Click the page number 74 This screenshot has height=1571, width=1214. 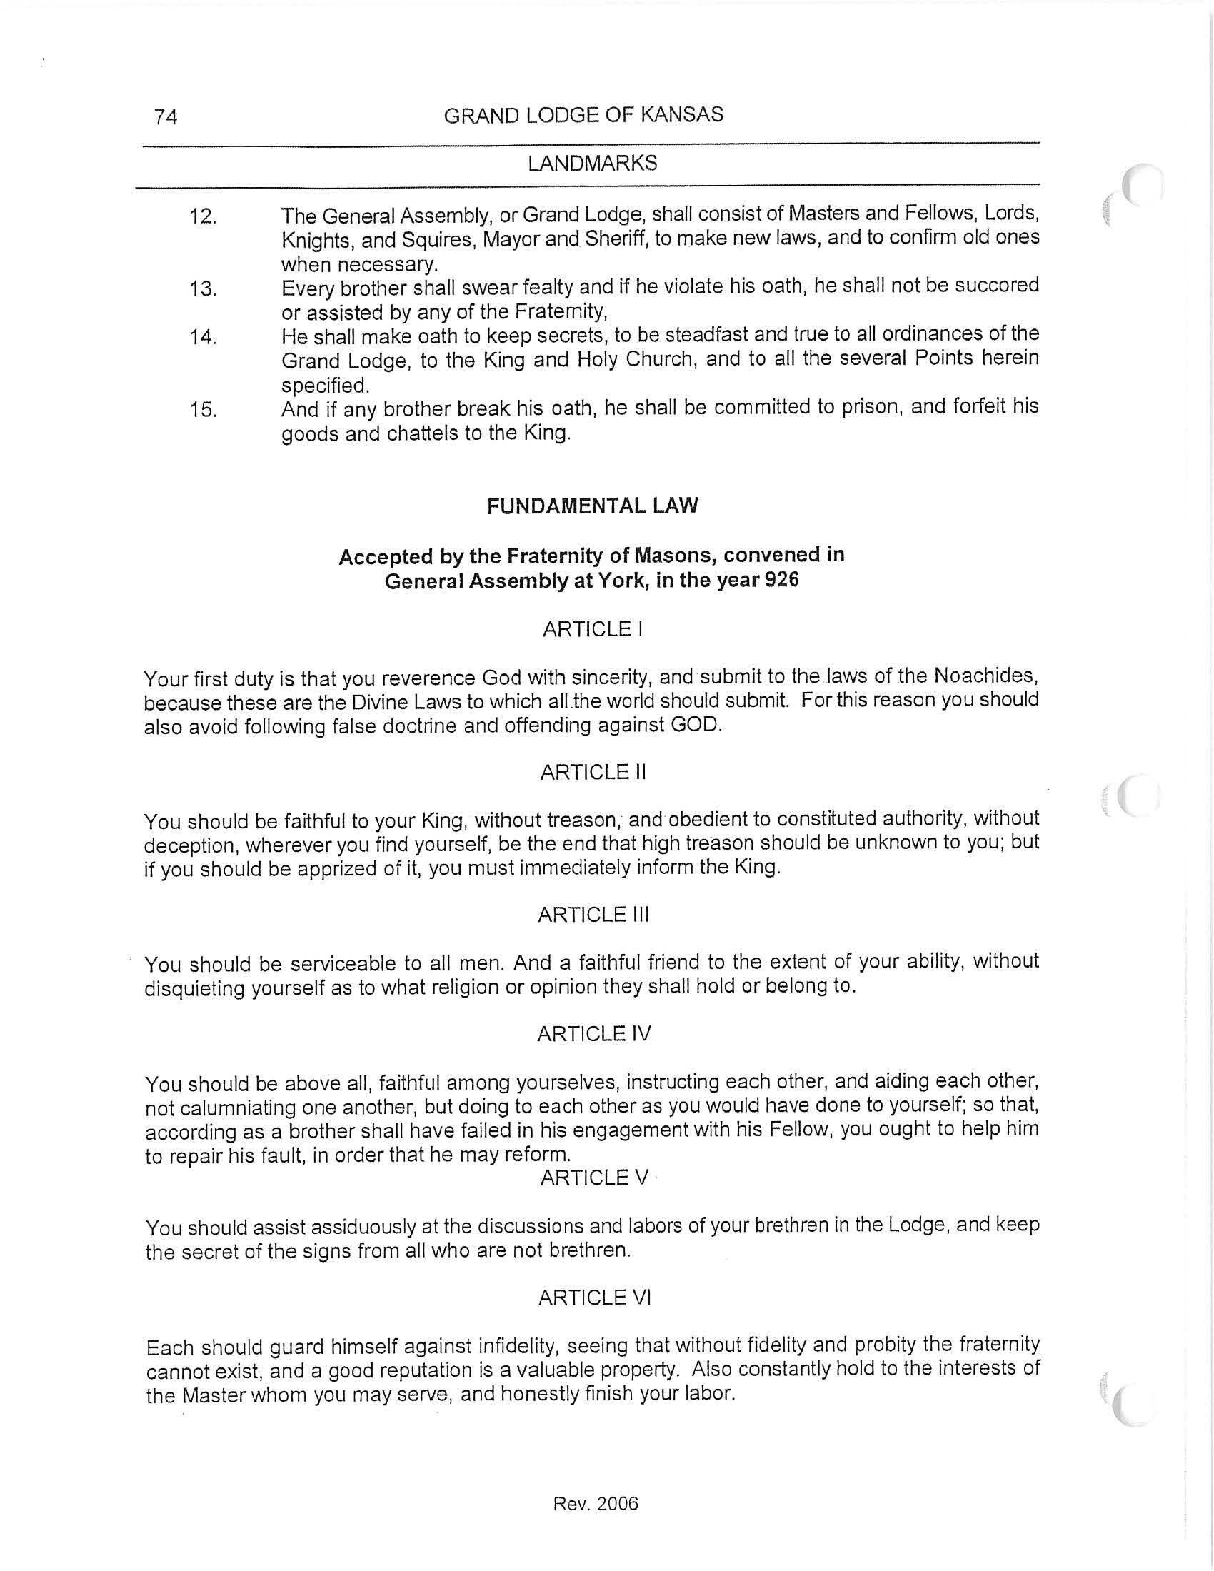(166, 116)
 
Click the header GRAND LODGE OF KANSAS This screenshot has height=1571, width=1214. (583, 115)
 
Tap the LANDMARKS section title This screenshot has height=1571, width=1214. (592, 164)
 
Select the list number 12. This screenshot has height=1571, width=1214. (203, 216)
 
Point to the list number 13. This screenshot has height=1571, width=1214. (203, 289)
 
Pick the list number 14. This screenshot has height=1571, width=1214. (203, 336)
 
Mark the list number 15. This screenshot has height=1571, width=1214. (203, 410)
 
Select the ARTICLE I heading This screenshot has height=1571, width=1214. (593, 629)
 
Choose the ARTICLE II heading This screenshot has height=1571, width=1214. (593, 773)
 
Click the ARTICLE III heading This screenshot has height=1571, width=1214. (593, 915)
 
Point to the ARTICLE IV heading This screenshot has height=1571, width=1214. (593, 1034)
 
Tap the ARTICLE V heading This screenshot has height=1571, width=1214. (593, 1178)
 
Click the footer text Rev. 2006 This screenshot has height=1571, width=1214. (596, 1503)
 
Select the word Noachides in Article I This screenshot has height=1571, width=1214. (985, 676)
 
